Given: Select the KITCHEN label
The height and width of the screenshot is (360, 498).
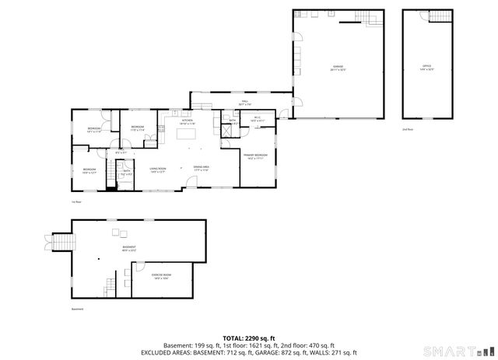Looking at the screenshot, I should tap(188, 122).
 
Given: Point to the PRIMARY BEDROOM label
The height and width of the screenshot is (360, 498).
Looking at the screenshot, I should tap(257, 157).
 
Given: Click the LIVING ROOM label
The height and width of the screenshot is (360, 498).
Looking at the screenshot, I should tap(159, 170).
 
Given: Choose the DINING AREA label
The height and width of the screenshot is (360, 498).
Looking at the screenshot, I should tap(202, 169).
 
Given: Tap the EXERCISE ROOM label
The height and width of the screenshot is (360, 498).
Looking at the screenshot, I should tap(162, 276).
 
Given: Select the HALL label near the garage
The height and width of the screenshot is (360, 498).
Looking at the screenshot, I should tap(244, 103).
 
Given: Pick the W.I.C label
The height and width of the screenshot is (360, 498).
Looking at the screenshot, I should tap(258, 121).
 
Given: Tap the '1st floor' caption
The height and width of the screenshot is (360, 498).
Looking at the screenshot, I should tap(76, 201).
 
